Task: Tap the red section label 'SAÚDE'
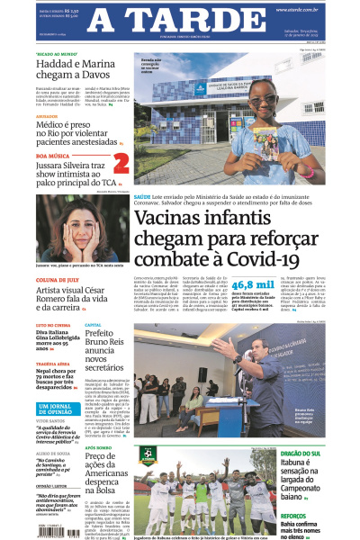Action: [142, 220]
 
